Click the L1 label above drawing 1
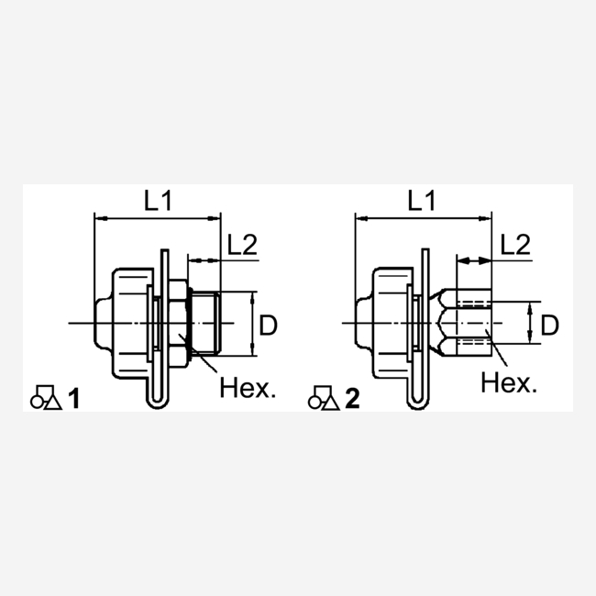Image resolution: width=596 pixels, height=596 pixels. pos(158,201)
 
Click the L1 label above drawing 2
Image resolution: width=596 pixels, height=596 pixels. pos(421,201)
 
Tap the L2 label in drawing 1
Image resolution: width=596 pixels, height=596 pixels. pos(242,245)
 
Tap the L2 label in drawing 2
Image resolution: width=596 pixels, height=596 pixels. pos(515,245)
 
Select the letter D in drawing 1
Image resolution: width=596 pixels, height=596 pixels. pos(268,325)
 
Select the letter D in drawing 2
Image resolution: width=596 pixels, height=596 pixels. pos(549,325)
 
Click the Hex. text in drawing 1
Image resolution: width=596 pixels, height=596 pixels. pos(248,388)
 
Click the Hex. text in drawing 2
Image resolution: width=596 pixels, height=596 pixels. pos(509,382)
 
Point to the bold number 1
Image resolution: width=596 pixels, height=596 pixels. pos(73,399)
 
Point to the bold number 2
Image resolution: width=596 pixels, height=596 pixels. pos(352,399)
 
